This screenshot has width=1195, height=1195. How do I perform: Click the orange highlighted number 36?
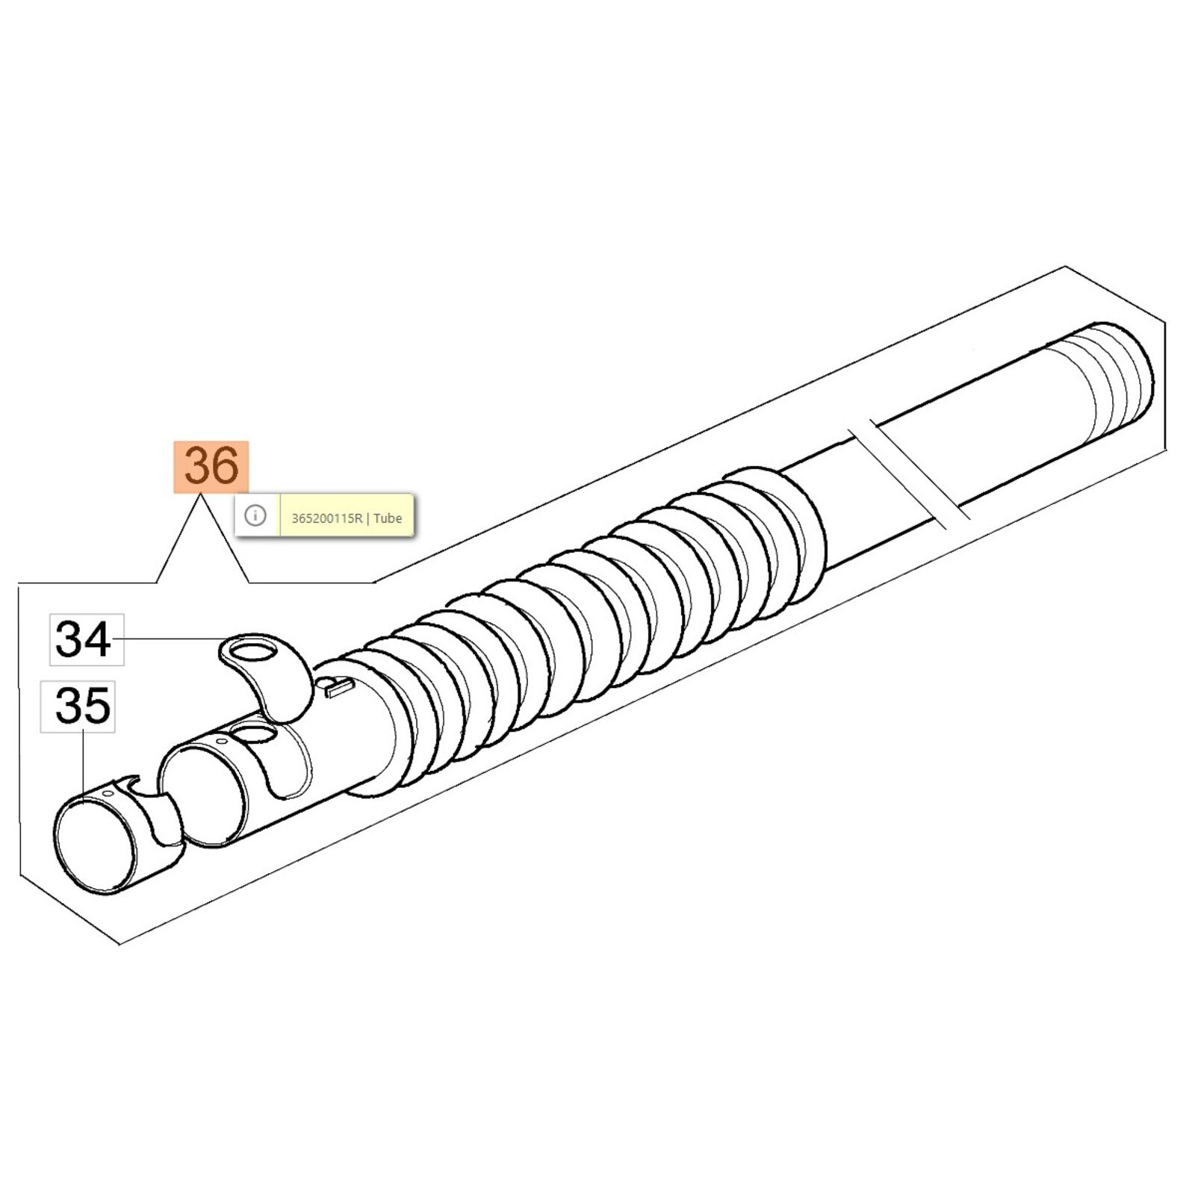(211, 467)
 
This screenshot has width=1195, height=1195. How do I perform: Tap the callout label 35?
(78, 707)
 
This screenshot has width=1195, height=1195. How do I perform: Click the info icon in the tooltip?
(255, 515)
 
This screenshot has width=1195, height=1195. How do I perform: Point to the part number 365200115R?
(326, 518)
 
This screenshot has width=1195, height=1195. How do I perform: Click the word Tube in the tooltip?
(388, 518)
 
